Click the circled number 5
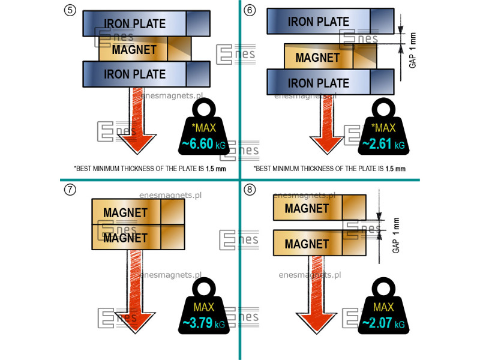coord(70,10)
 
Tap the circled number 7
coord(70,190)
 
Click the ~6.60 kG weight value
coord(204,145)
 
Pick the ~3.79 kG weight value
coord(204,324)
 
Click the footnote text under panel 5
coord(150,169)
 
